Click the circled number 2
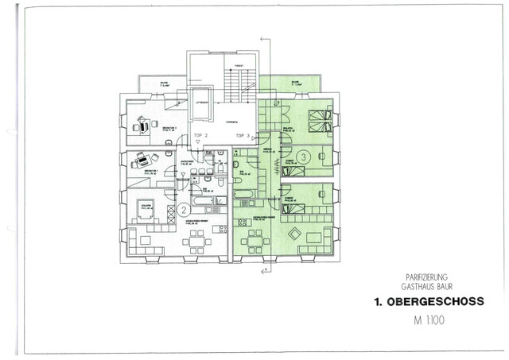tap(184, 210)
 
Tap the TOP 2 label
tap(200, 136)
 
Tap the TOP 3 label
tap(243, 136)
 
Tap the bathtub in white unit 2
tap(208, 182)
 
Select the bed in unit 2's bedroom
tap(145, 206)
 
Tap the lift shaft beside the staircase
tap(201, 111)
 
